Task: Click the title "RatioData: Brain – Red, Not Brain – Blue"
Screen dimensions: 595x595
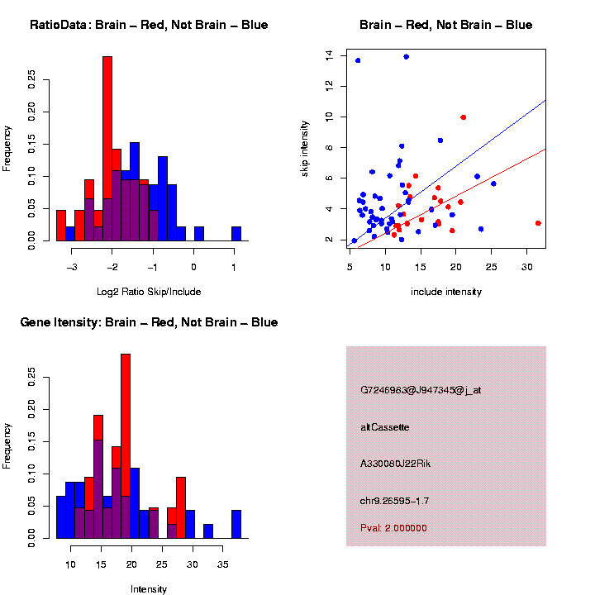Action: (x=149, y=25)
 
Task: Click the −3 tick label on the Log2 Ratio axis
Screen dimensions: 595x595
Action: (x=71, y=267)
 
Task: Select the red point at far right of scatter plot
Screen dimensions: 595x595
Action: (x=538, y=223)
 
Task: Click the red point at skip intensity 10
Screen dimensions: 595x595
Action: (x=464, y=117)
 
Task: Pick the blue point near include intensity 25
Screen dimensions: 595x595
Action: (x=493, y=183)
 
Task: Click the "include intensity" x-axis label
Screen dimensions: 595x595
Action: (x=446, y=292)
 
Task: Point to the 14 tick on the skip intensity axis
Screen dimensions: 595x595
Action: (x=330, y=55)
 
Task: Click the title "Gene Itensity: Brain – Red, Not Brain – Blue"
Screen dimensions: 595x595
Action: (x=149, y=322)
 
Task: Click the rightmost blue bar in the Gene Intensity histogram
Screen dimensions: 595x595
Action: (x=236, y=524)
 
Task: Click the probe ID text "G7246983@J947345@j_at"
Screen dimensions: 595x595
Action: (x=421, y=389)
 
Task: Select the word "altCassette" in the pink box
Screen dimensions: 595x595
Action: (x=385, y=427)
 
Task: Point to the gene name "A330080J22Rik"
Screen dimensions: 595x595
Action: (x=396, y=464)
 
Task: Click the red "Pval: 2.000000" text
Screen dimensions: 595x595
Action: (x=394, y=528)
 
